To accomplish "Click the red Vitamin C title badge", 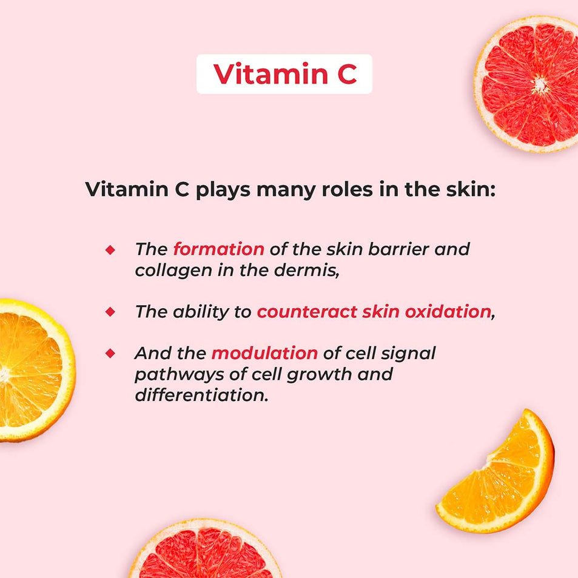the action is click(284, 74).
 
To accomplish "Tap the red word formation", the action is click(218, 249).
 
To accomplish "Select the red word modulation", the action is click(264, 353).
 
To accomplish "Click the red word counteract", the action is click(307, 312).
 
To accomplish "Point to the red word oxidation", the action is click(448, 312).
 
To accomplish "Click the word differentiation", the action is click(201, 395).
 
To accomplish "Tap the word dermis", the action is click(306, 271).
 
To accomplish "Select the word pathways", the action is click(179, 375).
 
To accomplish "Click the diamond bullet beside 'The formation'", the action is click(110, 250).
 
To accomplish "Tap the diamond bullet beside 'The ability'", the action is click(110, 312).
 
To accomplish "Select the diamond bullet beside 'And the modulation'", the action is click(110, 354).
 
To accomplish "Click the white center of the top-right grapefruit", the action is click(540, 85).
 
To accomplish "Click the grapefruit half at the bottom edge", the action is click(205, 550).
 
